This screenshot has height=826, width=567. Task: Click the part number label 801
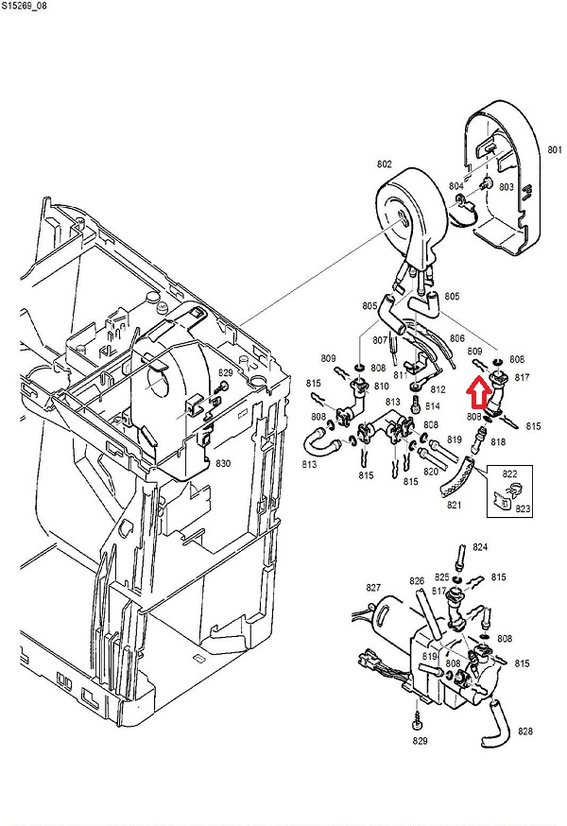(555, 150)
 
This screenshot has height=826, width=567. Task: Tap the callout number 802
(385, 164)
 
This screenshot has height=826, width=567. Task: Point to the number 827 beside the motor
(373, 587)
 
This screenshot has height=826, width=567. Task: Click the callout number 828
(526, 731)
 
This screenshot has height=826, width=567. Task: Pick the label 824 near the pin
(480, 547)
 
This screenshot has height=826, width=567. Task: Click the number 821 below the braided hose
(455, 507)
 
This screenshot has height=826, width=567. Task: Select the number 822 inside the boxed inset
(511, 473)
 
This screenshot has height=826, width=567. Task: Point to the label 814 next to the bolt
(434, 406)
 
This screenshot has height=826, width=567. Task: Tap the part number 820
(433, 472)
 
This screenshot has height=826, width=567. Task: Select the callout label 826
(417, 581)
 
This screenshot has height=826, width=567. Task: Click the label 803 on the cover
(507, 187)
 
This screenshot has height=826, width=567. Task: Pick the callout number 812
(438, 389)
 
